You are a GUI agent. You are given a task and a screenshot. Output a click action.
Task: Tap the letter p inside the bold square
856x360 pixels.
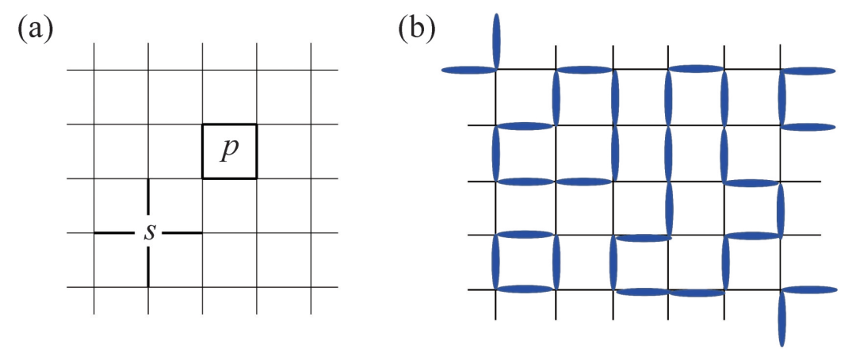click(x=229, y=151)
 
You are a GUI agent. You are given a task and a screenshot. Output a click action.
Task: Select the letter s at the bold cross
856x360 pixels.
click(x=149, y=232)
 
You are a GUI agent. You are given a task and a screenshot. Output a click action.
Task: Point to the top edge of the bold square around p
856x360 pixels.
click(x=229, y=124)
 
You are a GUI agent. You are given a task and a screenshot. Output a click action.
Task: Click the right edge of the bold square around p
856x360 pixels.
click(x=256, y=151)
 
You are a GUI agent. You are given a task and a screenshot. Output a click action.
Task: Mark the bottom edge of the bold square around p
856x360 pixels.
click(x=229, y=178)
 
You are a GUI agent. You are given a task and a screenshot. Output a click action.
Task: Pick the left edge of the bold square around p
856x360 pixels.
click(x=203, y=151)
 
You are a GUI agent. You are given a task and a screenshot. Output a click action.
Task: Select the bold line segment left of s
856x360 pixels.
click(x=115, y=233)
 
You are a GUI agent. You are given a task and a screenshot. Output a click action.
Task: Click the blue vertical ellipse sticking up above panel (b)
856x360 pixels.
click(x=497, y=40)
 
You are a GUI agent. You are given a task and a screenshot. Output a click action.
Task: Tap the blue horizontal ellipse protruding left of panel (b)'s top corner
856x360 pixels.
click(x=468, y=70)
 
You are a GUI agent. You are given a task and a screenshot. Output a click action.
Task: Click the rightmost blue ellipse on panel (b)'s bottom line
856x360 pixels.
click(x=809, y=290)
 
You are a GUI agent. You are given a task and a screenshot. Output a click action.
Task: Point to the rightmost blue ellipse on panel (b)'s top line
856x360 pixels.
click(x=809, y=70)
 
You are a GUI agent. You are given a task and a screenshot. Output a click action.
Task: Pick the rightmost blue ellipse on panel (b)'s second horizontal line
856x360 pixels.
click(x=809, y=126)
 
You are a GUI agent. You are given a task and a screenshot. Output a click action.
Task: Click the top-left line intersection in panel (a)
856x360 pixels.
click(x=95, y=71)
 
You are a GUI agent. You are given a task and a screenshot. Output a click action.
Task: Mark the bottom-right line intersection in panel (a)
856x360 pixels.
click(x=310, y=287)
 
